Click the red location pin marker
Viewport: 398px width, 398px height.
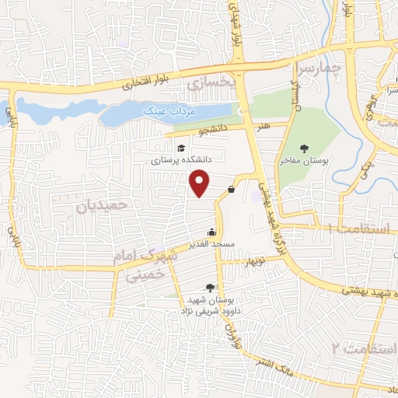pos(201,183)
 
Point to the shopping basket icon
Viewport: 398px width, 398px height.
pos(232,189)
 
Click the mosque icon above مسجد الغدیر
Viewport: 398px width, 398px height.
pos(211,231)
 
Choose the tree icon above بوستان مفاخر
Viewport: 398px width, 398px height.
pos(304,148)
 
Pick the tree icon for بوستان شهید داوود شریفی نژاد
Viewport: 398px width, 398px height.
pos(211,288)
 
